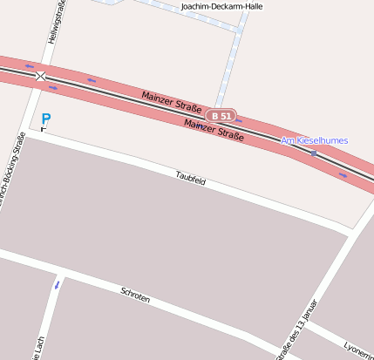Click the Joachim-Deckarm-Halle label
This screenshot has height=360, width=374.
(221, 6)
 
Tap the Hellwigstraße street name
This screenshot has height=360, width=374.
(53, 22)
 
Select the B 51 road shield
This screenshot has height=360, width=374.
(221, 115)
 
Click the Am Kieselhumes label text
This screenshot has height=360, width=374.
(315, 140)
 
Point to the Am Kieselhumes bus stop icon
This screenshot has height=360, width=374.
(314, 153)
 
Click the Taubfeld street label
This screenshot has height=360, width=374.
(190, 179)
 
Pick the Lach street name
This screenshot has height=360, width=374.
(39, 347)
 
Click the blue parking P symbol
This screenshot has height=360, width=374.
(46, 119)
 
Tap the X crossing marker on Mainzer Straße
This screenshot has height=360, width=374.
(41, 77)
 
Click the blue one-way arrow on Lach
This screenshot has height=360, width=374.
(58, 284)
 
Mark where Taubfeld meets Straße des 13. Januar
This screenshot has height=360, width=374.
(350, 232)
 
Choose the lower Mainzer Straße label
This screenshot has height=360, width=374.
(213, 130)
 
